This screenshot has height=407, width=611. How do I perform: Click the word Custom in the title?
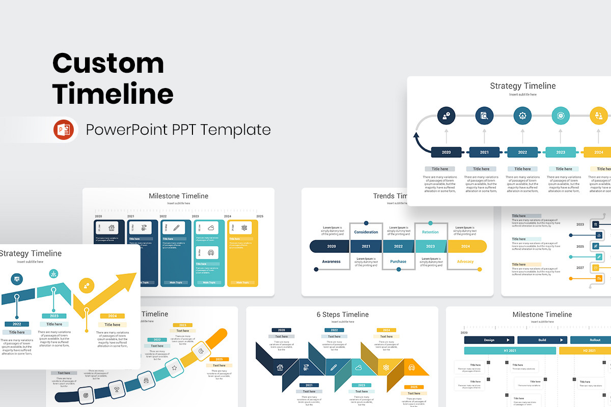[108, 64]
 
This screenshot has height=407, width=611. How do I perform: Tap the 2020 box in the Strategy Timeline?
[446, 152]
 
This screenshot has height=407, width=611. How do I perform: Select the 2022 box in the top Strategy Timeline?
[522, 152]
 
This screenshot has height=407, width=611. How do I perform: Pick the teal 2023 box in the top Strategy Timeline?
[561, 152]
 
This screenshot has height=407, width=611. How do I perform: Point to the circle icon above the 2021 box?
[484, 115]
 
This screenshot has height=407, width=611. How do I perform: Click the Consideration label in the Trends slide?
[366, 232]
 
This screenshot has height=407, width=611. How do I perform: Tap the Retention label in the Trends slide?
[430, 232]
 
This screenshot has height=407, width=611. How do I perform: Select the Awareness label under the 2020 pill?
[331, 261]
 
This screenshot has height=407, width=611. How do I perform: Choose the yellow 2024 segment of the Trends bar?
[465, 246]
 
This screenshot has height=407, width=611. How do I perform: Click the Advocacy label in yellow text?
[465, 261]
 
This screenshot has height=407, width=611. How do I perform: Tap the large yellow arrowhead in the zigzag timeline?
[126, 280]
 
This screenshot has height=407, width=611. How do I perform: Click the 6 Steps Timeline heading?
[342, 314]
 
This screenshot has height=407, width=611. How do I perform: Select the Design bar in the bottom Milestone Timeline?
[489, 340]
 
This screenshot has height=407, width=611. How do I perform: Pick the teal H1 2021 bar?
[510, 351]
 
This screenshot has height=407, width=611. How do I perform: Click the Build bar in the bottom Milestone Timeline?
[542, 340]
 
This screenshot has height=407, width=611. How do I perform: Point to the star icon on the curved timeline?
[174, 367]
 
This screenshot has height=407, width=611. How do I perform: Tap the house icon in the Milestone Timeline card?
[113, 227]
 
